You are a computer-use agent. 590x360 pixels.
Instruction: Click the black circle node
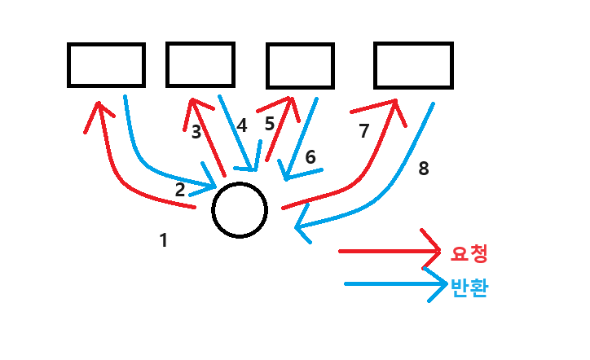[x=240, y=209]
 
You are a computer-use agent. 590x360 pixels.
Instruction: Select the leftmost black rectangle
[x=106, y=65]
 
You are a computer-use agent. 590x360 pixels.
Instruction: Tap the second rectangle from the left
[x=200, y=64]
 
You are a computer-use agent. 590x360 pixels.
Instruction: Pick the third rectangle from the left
[x=300, y=65]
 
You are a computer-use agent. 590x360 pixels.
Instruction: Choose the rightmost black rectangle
[x=413, y=64]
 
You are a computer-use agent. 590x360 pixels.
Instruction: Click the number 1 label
[x=164, y=240]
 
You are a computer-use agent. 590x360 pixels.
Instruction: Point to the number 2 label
[x=180, y=190]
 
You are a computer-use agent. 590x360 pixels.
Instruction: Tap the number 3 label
[x=196, y=132]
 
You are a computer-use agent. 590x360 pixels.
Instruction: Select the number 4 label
[x=241, y=126]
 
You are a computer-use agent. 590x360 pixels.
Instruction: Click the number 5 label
[x=270, y=125]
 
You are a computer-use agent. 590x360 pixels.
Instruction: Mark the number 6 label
[x=310, y=157]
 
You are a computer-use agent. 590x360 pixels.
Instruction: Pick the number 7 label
[x=364, y=130]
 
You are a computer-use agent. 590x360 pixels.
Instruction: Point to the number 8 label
[x=422, y=169]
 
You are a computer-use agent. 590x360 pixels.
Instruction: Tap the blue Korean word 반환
[x=469, y=288]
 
